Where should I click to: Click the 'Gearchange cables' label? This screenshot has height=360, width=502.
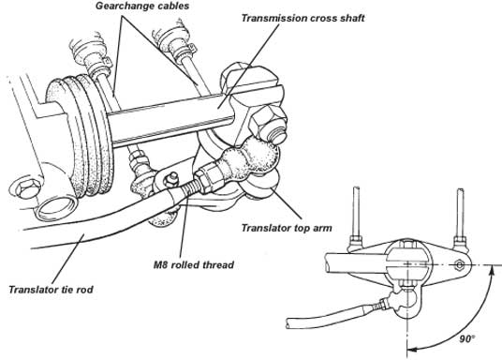click(142, 6)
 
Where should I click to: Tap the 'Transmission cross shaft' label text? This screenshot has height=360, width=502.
click(303, 18)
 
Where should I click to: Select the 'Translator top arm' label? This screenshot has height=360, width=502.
click(287, 228)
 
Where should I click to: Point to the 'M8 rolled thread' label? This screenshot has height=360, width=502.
click(194, 264)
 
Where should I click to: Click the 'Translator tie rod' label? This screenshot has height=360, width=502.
click(51, 290)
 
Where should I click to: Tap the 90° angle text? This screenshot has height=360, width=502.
click(467, 338)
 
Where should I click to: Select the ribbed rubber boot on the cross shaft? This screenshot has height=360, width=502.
click(80, 135)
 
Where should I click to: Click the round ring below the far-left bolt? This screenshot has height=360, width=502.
click(55, 209)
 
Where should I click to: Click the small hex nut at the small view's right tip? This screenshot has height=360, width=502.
click(460, 265)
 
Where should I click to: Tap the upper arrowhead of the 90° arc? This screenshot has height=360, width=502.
click(492, 271)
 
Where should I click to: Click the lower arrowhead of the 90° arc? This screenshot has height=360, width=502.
click(412, 349)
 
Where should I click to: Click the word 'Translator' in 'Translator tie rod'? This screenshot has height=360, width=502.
click(30, 290)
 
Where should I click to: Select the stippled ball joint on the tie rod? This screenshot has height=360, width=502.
click(250, 163)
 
